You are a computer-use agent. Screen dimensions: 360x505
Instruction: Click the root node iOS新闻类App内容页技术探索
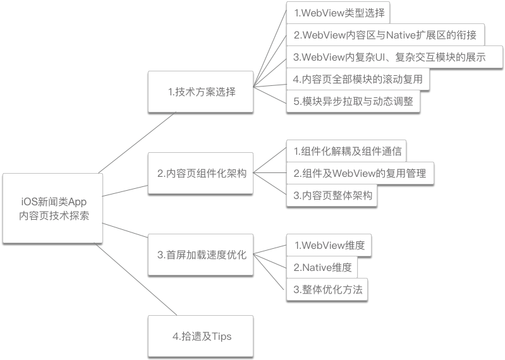[x=53, y=208]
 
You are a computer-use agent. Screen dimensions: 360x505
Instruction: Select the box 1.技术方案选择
[x=202, y=92]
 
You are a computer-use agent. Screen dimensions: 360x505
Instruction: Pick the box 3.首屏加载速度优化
[x=202, y=255]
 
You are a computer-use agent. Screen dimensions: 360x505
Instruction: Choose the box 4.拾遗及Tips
[x=202, y=336]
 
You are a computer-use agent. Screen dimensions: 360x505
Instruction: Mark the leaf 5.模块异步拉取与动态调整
[x=353, y=102]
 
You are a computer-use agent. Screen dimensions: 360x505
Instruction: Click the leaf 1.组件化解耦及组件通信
[x=347, y=152]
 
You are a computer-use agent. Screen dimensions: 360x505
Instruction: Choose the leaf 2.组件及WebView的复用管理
[x=360, y=173]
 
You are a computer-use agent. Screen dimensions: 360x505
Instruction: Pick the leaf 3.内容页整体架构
[x=332, y=195]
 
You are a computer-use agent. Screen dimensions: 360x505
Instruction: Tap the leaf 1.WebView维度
[x=329, y=245]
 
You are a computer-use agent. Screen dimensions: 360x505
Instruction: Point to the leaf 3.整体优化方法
[x=327, y=289]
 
